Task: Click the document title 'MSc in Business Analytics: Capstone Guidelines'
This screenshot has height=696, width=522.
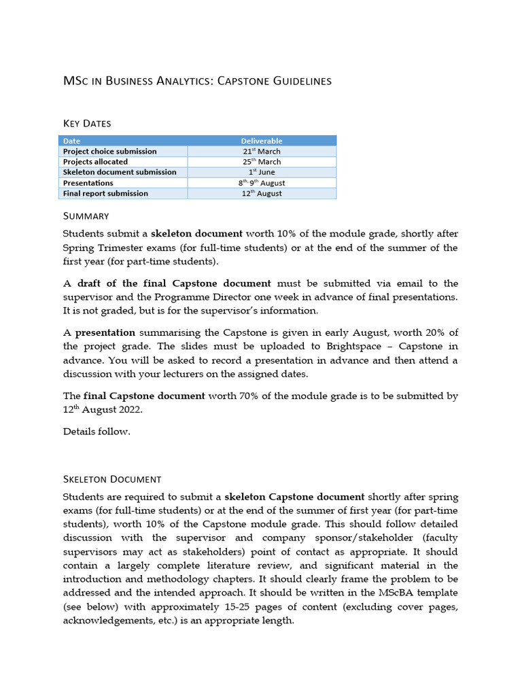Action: [197, 81]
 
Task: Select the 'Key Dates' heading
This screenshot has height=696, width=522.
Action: [87, 123]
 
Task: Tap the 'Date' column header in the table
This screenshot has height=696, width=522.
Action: [71, 141]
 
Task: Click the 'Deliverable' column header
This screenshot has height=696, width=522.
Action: [262, 141]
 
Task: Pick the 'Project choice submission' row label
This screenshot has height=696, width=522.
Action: [109, 152]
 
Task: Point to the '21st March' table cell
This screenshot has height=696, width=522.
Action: [262, 152]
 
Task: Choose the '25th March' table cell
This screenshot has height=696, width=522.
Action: [262, 162]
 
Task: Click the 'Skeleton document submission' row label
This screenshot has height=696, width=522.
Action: [120, 172]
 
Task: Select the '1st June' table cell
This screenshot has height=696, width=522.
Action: [262, 172]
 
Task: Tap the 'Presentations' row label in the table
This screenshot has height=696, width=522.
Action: [88, 183]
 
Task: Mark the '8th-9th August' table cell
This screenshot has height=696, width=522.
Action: [262, 183]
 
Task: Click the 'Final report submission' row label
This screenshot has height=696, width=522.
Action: [105, 193]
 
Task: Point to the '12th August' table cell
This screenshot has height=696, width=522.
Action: [262, 193]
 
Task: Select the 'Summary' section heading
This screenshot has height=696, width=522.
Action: [86, 215]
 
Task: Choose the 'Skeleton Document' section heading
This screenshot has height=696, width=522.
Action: [112, 479]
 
